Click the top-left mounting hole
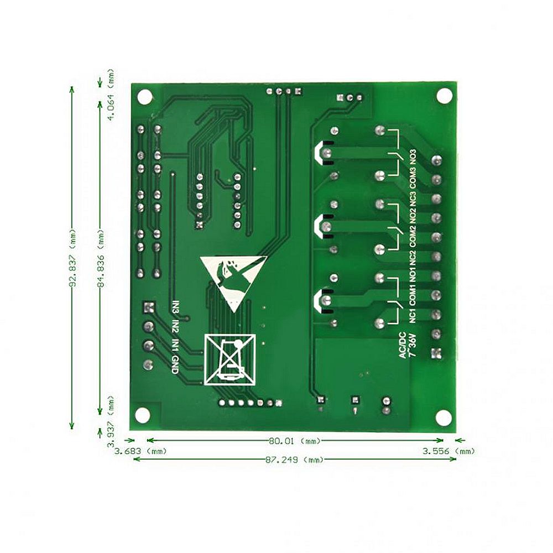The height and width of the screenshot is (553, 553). (145, 96)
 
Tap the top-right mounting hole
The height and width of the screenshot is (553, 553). (444, 96)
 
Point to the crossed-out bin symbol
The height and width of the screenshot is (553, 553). (230, 359)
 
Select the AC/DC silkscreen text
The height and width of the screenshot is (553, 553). (403, 346)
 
